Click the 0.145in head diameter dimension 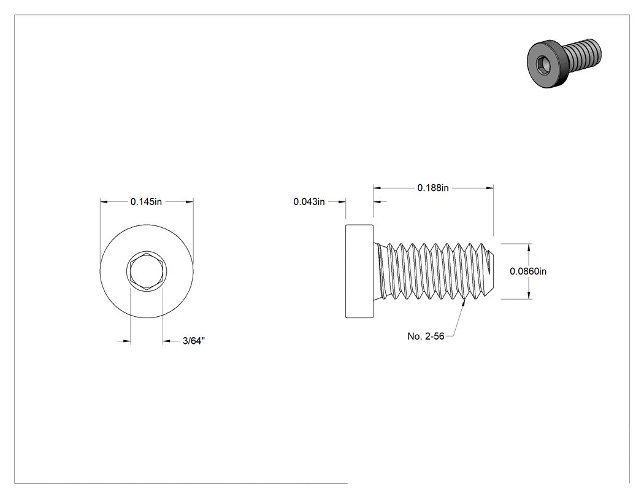146,202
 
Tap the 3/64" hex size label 194,341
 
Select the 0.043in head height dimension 309,202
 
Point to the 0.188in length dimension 433,188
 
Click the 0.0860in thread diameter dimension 528,271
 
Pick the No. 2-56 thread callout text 426,337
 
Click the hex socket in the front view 147,271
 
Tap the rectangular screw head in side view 359,271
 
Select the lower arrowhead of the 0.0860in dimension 529,295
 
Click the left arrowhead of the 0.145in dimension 104,202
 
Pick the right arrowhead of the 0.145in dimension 190,202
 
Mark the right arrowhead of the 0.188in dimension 489,188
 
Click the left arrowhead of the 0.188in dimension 377,188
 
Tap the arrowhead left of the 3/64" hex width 126,341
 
